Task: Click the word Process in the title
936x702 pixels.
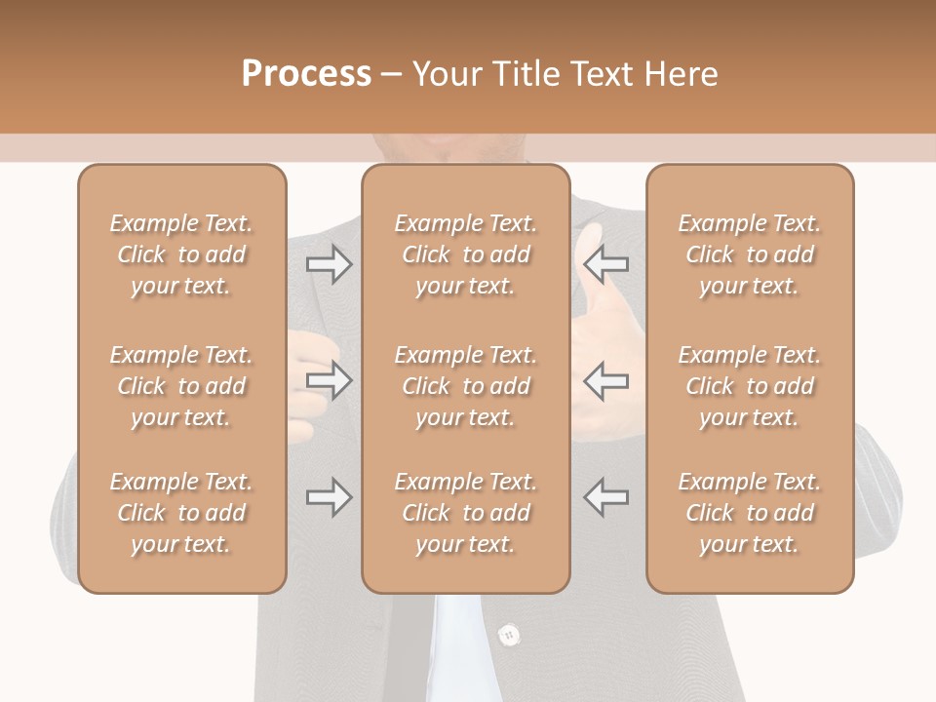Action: point(306,74)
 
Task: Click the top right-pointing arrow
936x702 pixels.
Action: point(330,264)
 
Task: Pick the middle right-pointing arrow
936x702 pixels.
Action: point(330,380)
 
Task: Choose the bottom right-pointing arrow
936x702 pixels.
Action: point(330,497)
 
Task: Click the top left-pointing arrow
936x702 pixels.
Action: point(605,264)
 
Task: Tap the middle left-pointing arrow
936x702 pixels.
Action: point(605,380)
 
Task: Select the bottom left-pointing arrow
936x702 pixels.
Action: point(605,497)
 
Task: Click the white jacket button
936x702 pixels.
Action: point(507,636)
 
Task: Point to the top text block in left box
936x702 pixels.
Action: point(181,254)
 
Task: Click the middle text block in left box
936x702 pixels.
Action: point(181,386)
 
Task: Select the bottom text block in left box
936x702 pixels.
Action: point(181,513)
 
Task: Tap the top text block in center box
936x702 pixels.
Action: point(465,254)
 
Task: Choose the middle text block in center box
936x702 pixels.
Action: point(465,386)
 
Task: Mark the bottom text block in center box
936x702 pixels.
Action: point(465,513)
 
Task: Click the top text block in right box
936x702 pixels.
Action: point(749,254)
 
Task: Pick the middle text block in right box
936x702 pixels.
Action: point(749,386)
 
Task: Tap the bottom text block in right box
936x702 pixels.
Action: point(749,513)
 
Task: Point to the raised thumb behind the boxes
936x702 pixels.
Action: point(591,250)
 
